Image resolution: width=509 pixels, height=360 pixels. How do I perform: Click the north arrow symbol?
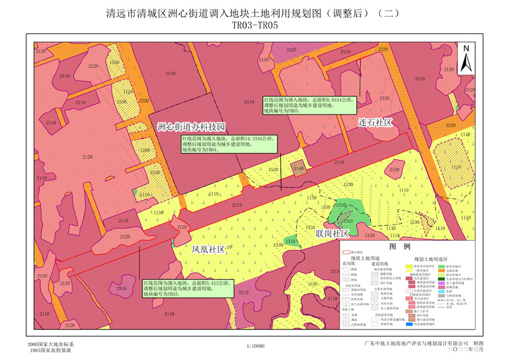[x=465, y=58]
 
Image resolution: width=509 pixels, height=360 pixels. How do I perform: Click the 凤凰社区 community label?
[x=208, y=249]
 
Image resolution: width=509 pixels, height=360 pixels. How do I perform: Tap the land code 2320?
[x=291, y=50]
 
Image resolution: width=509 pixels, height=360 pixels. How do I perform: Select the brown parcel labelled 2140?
[x=299, y=170]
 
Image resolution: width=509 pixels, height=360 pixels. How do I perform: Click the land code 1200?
[x=144, y=150]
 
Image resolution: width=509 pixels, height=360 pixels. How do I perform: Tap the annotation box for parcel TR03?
[x=186, y=288]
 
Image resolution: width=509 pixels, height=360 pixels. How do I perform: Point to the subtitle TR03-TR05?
[x=255, y=25]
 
